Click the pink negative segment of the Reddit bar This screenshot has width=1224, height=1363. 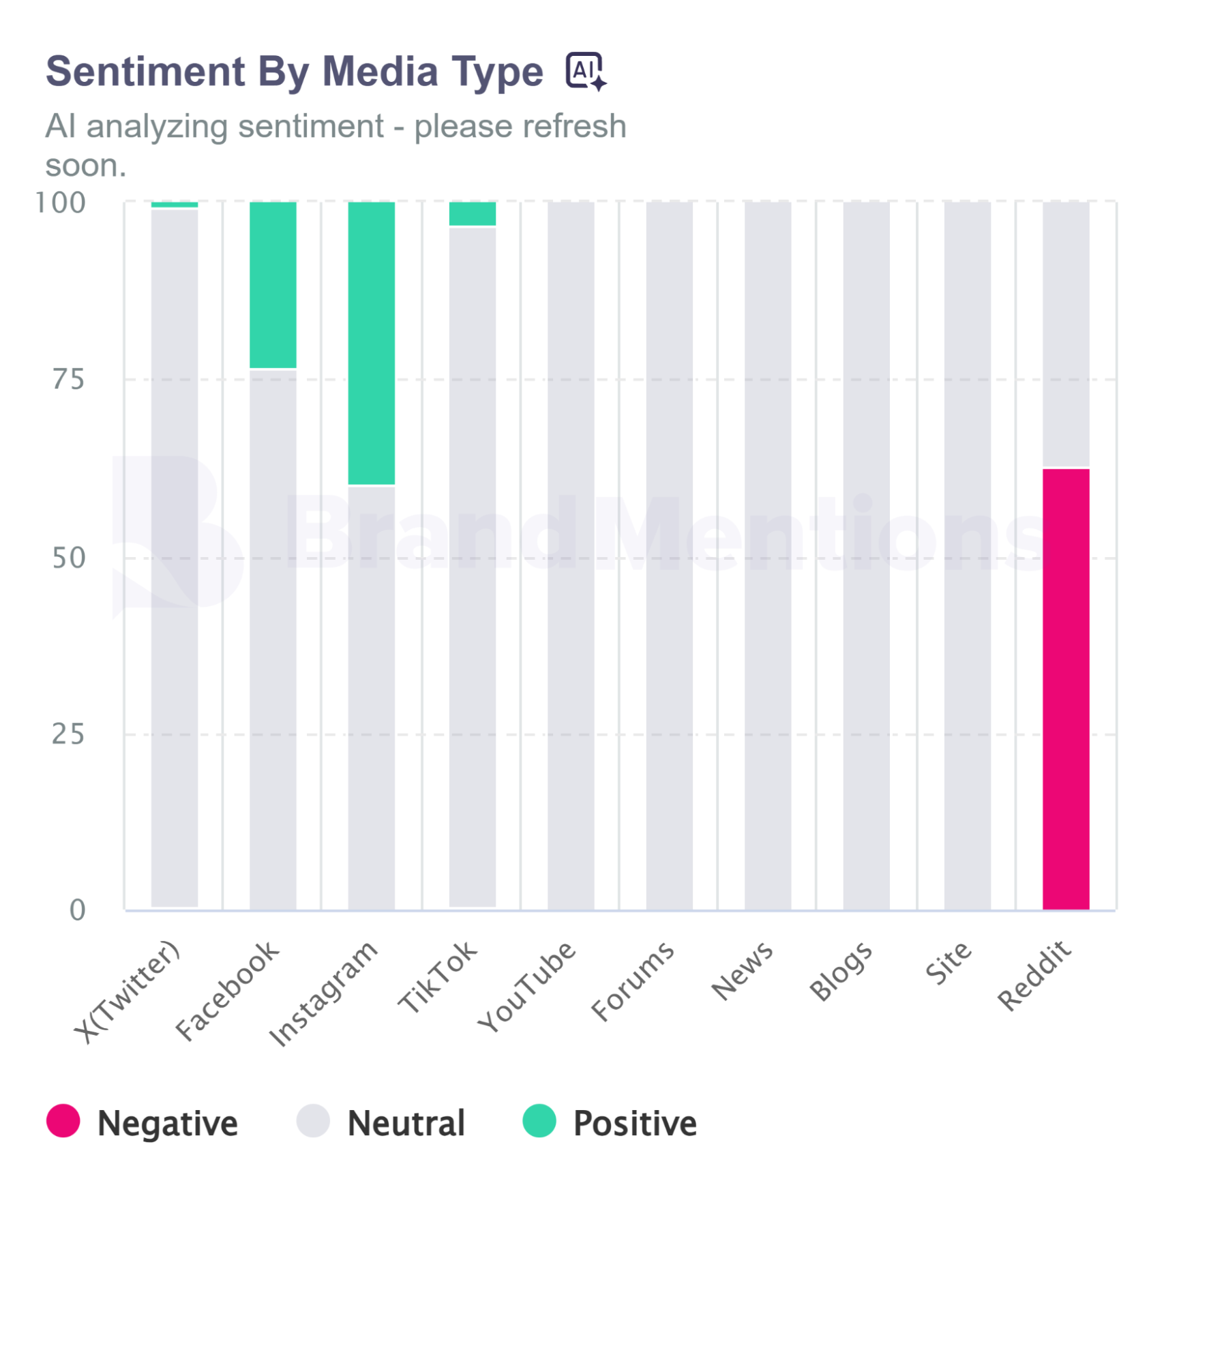point(1065,689)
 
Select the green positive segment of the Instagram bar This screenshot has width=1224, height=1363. point(371,343)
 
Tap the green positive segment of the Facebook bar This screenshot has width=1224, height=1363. point(273,285)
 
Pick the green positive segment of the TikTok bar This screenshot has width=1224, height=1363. point(472,213)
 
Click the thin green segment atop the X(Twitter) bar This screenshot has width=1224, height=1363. point(175,205)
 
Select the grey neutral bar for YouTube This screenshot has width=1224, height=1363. point(571,556)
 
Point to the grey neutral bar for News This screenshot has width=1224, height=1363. point(767,556)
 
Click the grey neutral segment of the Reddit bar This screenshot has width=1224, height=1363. point(1065,334)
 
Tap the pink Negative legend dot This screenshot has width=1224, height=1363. point(63,1121)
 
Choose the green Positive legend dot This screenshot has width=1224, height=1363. point(539,1121)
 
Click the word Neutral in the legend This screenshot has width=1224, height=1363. point(406,1123)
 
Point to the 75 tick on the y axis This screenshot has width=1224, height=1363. point(69,380)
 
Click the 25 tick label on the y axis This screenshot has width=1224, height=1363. point(68,734)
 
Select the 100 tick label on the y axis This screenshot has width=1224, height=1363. point(61,203)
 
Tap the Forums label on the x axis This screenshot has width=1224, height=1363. point(633,982)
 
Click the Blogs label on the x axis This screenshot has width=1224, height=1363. point(841,972)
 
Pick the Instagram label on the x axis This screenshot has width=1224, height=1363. point(323,993)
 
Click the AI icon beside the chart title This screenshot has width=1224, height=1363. point(585,71)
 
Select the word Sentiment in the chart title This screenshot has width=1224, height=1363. point(145,72)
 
